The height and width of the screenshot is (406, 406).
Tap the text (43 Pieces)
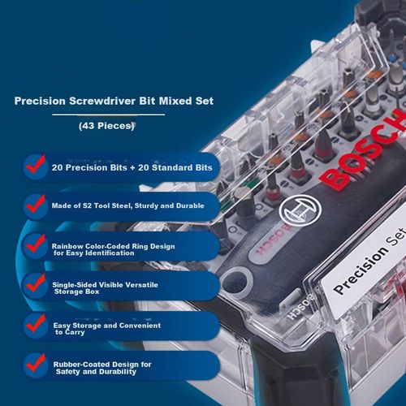[x=106, y=126]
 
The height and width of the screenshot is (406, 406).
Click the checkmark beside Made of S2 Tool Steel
[x=34, y=202]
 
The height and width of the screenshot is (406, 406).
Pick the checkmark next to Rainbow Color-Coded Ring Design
[x=34, y=243]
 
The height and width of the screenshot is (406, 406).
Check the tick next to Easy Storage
[x=34, y=322]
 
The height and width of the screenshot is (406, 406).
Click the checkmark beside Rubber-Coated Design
[x=34, y=362]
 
